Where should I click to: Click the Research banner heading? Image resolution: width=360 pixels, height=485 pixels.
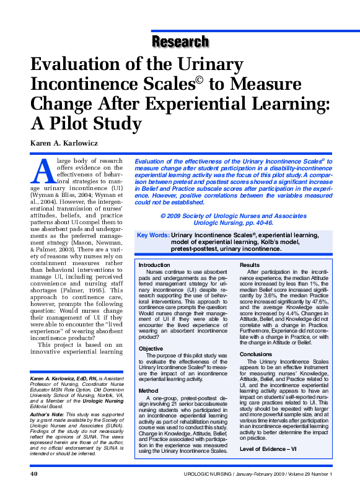click(180, 42)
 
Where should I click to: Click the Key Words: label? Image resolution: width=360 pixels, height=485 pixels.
click(153, 235)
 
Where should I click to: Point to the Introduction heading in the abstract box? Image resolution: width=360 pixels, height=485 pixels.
click(159, 264)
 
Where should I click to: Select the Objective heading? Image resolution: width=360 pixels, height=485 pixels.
click(151, 349)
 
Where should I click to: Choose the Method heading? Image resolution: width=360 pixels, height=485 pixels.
click(149, 391)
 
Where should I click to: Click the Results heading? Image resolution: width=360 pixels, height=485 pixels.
click(250, 264)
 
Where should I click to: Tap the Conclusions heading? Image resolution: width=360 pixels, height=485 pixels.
click(255, 354)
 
